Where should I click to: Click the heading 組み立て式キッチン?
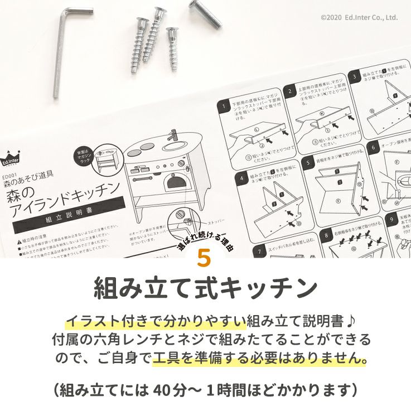tap(205, 289)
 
